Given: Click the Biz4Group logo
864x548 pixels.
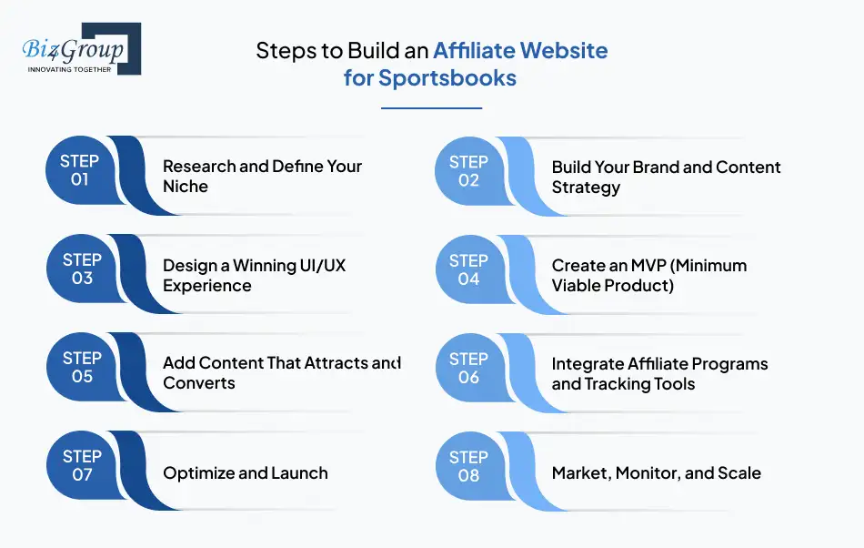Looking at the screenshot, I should [x=80, y=49].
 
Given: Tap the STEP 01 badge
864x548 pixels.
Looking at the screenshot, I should [x=80, y=171].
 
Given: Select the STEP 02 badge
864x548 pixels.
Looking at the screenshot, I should [x=469, y=171].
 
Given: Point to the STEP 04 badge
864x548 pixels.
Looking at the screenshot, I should [x=469, y=269].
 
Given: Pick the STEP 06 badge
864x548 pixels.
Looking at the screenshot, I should [x=469, y=368].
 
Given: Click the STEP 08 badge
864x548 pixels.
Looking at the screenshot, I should [x=469, y=466].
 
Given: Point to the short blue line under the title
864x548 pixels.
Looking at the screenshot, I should [x=430, y=108].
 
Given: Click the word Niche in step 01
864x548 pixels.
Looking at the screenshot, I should [x=186, y=187].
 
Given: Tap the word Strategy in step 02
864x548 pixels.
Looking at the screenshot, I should [x=586, y=188].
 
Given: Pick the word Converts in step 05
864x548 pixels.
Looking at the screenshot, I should [x=199, y=383].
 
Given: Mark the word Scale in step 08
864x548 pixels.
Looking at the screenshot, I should [x=738, y=473].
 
